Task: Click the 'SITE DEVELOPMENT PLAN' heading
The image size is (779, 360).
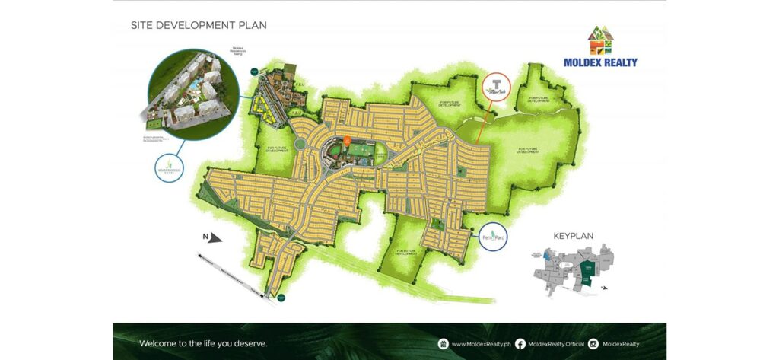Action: [199, 25]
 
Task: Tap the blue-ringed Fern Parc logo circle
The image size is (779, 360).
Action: [495, 238]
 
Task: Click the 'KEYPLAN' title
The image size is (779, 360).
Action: [573, 236]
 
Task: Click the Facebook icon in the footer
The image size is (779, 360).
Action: [520, 344]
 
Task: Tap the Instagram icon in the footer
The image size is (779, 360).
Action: [593, 344]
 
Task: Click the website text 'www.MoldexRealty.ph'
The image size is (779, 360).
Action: [481, 344]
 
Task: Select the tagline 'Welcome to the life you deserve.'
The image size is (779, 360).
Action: [203, 343]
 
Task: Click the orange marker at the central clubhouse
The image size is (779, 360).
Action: [346, 140]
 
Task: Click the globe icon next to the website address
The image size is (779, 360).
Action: [443, 344]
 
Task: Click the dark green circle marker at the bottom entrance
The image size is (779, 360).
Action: [281, 298]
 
